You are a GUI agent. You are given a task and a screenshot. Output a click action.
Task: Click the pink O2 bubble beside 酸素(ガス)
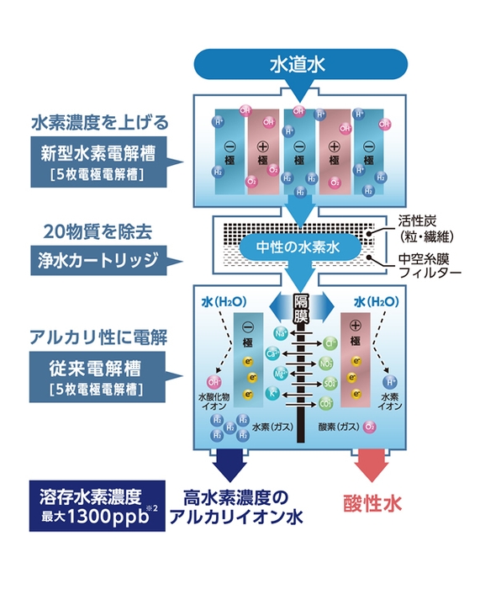(x=371, y=427)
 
